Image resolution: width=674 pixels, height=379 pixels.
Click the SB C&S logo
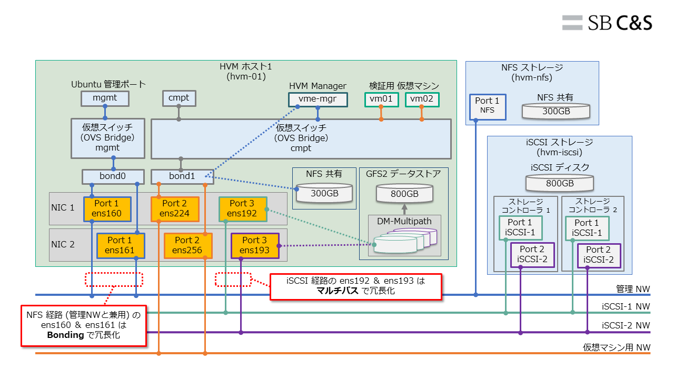pos(607,22)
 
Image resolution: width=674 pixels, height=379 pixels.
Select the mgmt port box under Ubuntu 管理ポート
pos(105,98)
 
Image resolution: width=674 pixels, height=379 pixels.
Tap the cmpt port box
pos(179,98)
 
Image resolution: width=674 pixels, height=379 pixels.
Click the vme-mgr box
pos(318,99)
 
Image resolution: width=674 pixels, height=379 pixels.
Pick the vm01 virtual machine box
pos(381,99)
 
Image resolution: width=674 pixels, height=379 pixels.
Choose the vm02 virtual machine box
pos(422,99)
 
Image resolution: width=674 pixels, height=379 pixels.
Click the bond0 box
pos(113,176)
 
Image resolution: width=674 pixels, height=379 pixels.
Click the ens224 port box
pos(175,208)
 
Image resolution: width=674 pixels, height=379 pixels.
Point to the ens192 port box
pos(243,208)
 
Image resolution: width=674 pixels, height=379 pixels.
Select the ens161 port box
pos(121,245)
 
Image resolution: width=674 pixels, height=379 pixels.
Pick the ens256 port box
pos(187,245)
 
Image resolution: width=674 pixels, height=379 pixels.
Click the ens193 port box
pos(255,245)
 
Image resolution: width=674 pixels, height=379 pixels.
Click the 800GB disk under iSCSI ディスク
pos(560,183)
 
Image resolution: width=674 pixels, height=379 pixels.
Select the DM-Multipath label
pos(404,221)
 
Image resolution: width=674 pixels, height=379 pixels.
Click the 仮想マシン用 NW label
pos(616,348)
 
